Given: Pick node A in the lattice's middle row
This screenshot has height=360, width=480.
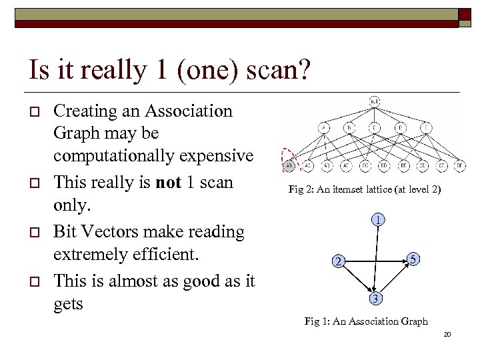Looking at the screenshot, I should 324,129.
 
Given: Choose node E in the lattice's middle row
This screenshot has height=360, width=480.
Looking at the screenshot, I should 425,129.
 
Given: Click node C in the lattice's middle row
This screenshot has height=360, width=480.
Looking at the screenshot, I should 375,129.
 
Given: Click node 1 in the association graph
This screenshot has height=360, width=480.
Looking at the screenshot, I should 377,219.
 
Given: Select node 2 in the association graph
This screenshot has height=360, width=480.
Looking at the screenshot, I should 339,261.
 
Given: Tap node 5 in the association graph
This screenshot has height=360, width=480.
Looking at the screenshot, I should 414,258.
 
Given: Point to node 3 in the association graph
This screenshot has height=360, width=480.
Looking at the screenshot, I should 377,297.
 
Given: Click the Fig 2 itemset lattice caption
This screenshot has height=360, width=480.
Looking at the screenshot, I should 364,190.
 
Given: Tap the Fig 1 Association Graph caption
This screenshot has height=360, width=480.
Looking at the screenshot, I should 366,321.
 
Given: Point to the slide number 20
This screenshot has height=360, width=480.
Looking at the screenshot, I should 447,333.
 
